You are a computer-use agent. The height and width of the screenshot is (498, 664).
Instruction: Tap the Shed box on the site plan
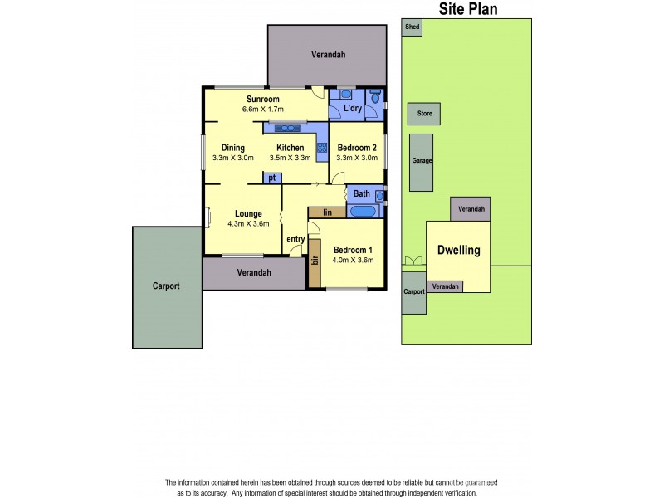[412, 27]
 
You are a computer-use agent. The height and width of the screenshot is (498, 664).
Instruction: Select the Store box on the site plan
[424, 113]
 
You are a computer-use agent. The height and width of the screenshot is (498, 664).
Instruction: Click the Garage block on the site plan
[422, 161]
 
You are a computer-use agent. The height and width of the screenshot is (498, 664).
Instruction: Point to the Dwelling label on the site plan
[460, 250]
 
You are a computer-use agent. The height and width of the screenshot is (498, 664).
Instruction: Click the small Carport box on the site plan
[413, 292]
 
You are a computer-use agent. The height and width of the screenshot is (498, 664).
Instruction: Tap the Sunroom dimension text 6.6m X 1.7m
[263, 110]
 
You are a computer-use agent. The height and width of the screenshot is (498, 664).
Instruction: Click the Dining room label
[232, 148]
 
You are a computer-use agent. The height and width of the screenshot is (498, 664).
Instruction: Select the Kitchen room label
[290, 148]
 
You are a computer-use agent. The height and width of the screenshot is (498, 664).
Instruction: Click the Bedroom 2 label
[357, 148]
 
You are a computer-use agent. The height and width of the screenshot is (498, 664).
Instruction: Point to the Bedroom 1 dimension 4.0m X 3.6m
[353, 260]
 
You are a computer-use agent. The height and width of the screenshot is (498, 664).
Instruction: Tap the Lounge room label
[248, 213]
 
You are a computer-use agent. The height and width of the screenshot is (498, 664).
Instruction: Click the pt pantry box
[271, 178]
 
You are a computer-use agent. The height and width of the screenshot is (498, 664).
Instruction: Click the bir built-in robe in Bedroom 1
[315, 261]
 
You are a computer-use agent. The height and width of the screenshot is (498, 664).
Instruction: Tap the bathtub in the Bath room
[364, 212]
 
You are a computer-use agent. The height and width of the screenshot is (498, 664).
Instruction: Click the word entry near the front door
[295, 240]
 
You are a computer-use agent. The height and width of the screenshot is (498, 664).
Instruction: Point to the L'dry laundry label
[352, 109]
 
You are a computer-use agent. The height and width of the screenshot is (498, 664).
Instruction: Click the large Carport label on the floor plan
[166, 286]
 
